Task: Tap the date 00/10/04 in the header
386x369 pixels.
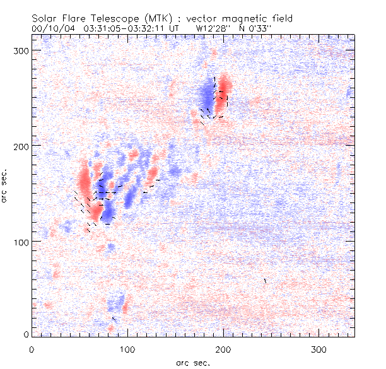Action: [x=53, y=28]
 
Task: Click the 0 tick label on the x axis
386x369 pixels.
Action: [x=32, y=349]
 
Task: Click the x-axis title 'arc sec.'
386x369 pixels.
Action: [x=192, y=363]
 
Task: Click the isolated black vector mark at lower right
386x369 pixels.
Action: [x=266, y=280]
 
